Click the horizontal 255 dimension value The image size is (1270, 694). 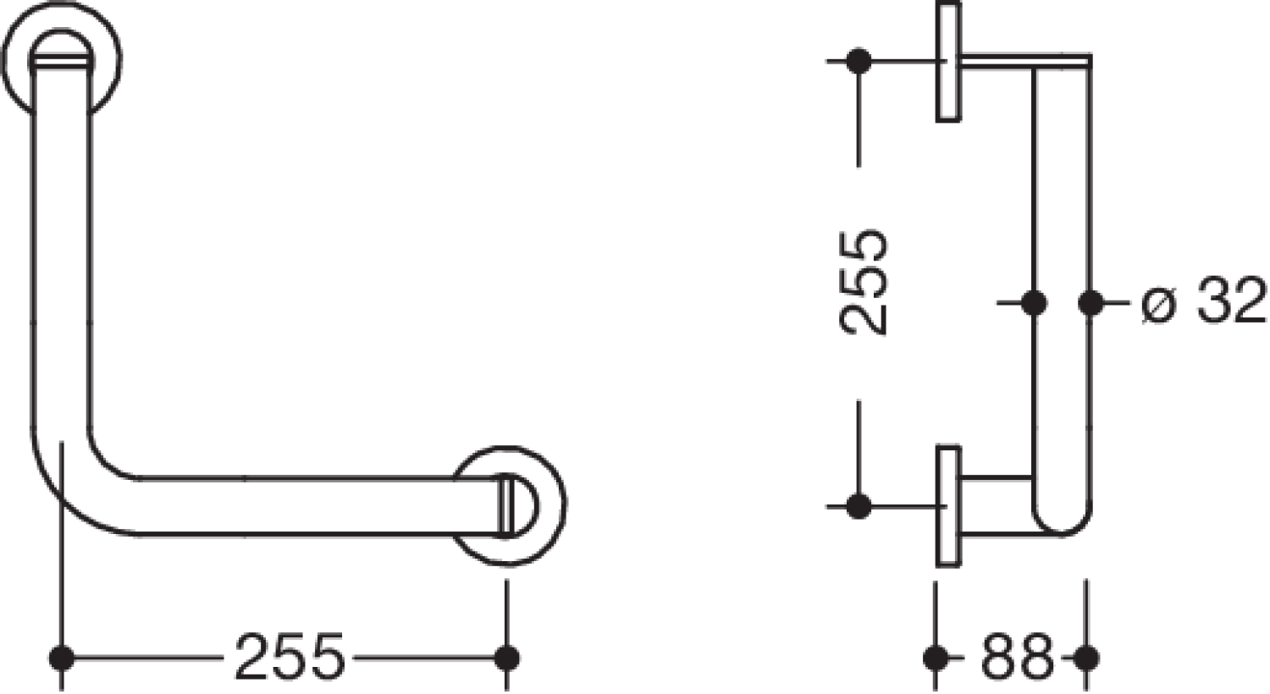pyautogui.click(x=290, y=656)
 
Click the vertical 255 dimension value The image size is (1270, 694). pyautogui.click(x=863, y=282)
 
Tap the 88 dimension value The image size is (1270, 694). pyautogui.click(x=1017, y=657)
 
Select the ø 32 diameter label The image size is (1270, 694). pyautogui.click(x=1204, y=300)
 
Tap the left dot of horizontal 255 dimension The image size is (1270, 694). pyautogui.click(x=62, y=658)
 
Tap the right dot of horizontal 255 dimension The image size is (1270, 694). pyautogui.click(x=507, y=658)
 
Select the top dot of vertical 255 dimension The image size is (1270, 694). pyautogui.click(x=859, y=61)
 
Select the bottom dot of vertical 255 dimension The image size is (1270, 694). pyautogui.click(x=859, y=506)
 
